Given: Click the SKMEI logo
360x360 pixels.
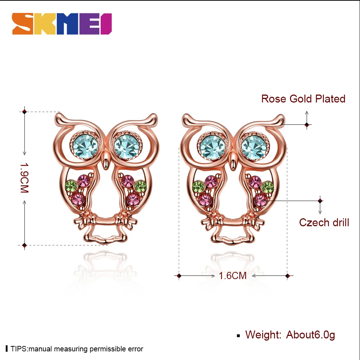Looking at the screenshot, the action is pos(62,24).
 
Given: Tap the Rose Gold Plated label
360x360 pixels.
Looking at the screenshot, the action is pos(303,99).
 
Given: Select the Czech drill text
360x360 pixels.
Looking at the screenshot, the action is pos(324,222).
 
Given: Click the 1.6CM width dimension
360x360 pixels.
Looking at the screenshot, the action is pos(233,276).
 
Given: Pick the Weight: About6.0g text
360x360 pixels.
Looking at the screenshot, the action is pos(290,335).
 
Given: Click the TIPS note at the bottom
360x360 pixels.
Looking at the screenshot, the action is pos(77,349).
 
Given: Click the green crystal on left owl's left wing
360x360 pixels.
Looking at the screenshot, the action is pos(70,186).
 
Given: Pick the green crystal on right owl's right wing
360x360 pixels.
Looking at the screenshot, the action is pos(268,187).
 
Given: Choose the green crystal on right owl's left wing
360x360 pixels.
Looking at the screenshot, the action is pos(198,186).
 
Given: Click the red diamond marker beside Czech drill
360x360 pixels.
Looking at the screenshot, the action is pos(320,200).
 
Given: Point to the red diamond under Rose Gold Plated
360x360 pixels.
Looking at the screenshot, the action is pos(306,125).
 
